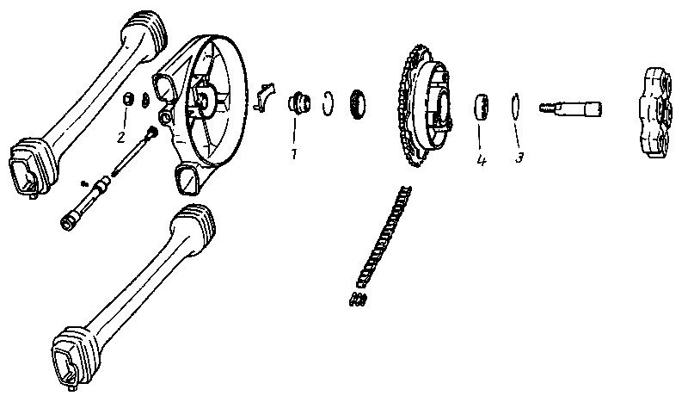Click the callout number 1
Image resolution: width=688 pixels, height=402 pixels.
(x=294, y=154)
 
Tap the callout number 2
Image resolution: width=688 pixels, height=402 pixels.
(x=121, y=137)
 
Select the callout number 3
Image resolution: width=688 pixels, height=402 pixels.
(x=519, y=158)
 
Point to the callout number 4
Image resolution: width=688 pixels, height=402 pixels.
(x=482, y=160)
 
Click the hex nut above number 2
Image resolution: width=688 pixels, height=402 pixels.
(x=126, y=99)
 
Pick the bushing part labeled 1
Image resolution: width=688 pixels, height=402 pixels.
(x=299, y=103)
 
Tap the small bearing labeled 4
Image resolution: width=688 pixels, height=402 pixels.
(x=482, y=107)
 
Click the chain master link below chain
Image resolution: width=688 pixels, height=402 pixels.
(x=358, y=300)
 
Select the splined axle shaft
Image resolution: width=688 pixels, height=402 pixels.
(x=570, y=108)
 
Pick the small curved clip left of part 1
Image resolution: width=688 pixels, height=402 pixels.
(x=264, y=96)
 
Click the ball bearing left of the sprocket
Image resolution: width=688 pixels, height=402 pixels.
(x=358, y=104)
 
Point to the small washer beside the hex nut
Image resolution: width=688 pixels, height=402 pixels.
(x=144, y=100)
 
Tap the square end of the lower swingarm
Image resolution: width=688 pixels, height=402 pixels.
(x=68, y=356)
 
